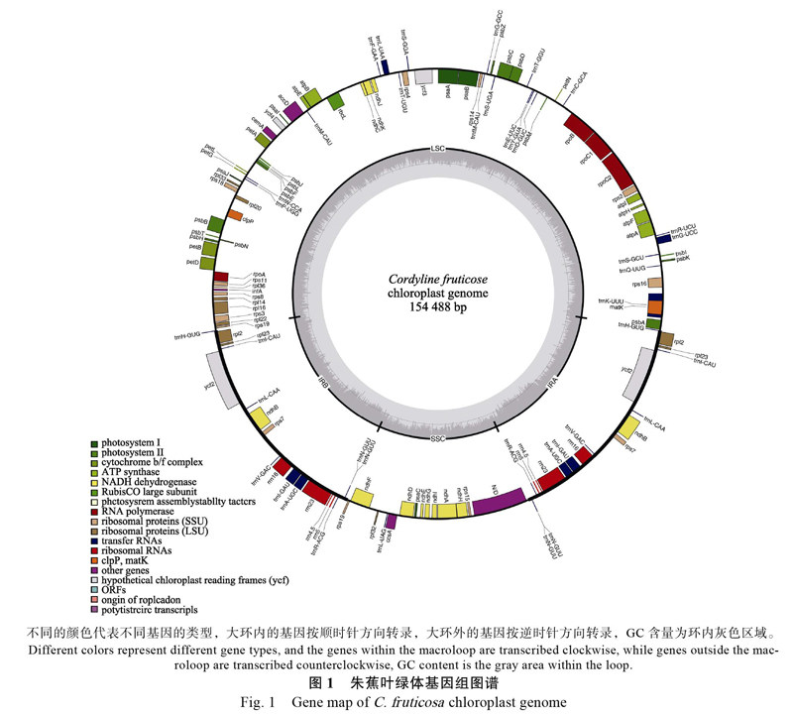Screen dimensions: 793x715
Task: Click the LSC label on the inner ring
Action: coord(438,149)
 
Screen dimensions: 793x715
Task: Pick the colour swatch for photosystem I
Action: coord(93,442)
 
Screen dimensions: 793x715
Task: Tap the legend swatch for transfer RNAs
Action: coord(93,540)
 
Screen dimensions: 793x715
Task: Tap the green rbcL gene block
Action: coord(335,101)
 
